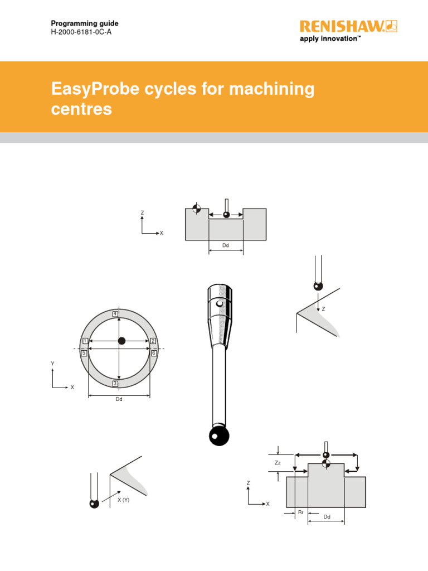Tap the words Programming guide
[x=85, y=23]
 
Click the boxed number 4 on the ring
[x=115, y=314]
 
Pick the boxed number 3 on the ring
[x=115, y=383]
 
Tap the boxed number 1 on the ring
[x=85, y=341]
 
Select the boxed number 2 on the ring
[x=152, y=341]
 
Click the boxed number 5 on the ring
[x=84, y=353]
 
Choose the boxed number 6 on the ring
[x=154, y=353]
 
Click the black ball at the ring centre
[x=122, y=341]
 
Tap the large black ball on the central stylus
[x=219, y=436]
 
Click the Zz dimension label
[x=278, y=463]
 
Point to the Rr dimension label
[x=300, y=511]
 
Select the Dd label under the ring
[x=119, y=399]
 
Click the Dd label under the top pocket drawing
[x=225, y=245]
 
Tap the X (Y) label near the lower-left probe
[x=123, y=500]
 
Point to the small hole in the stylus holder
[x=221, y=304]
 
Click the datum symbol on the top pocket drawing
[x=196, y=209]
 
